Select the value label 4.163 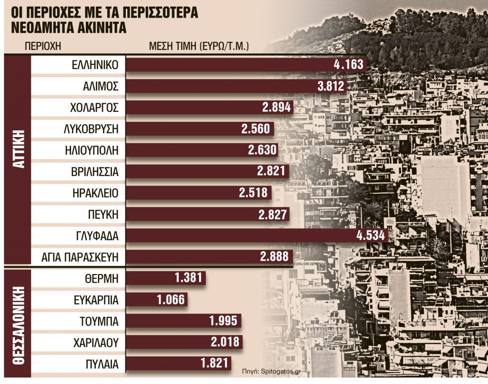pyautogui.click(x=349, y=64)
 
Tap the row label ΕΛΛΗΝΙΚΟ pyautogui.click(x=93, y=64)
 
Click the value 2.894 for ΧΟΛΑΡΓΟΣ pyautogui.click(x=276, y=108)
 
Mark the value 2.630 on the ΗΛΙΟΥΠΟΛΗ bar pyautogui.click(x=262, y=150)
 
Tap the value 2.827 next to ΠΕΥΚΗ pyautogui.click(x=273, y=214)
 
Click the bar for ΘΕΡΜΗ pyautogui.click(x=166, y=278)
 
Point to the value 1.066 pyautogui.click(x=170, y=300)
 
